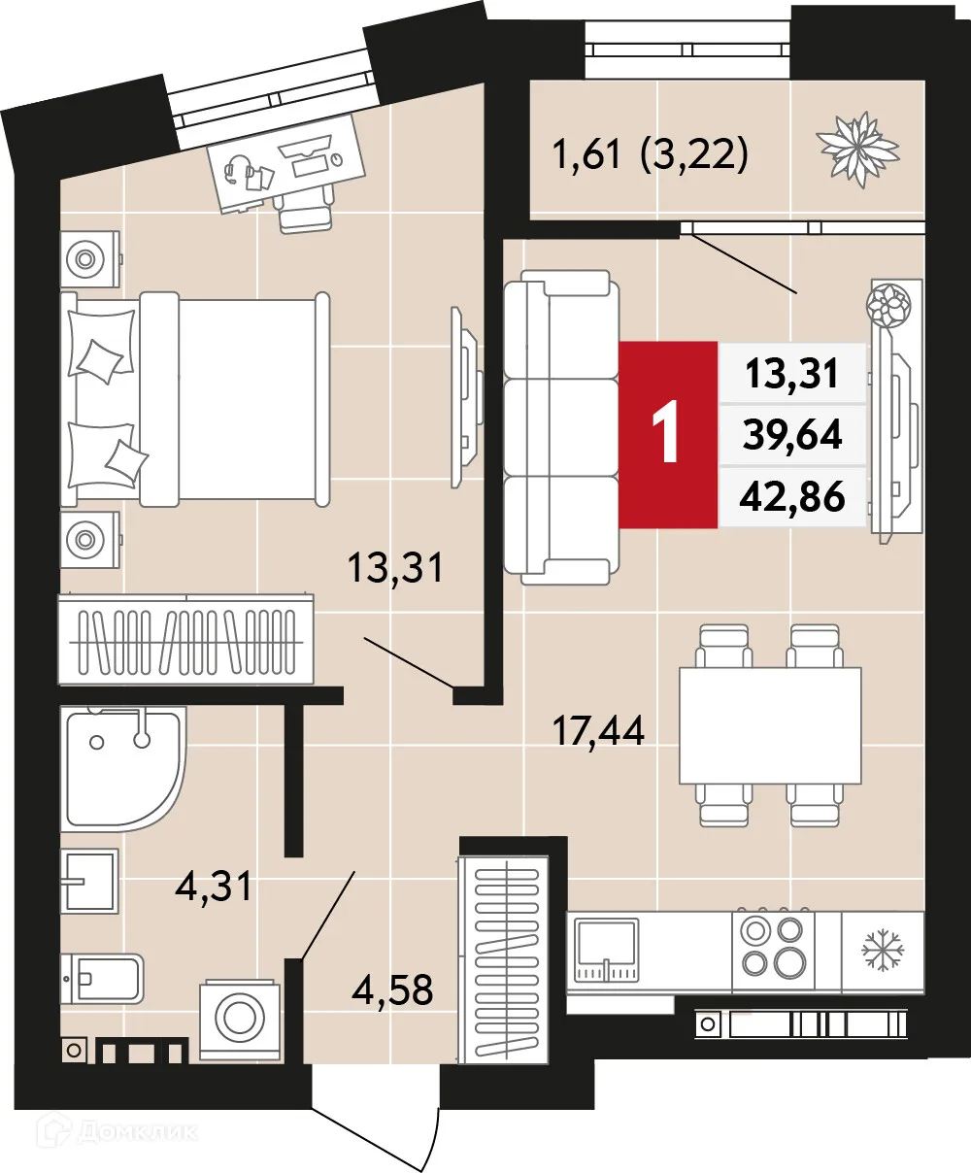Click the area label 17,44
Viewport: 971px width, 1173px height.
[x=598, y=730]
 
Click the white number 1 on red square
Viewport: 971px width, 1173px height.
[x=667, y=434]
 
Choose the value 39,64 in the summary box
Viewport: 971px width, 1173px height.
[x=792, y=435]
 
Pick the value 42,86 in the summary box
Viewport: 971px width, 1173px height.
[x=792, y=496]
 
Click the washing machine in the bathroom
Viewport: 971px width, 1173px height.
[x=239, y=1020]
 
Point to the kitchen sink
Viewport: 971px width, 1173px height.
[x=606, y=951]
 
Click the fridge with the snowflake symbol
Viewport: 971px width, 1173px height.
[x=882, y=950]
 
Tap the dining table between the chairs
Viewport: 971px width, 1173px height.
[x=770, y=724]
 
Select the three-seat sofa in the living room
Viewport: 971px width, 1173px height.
[x=561, y=427]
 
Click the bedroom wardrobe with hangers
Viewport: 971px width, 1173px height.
[x=186, y=641]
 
